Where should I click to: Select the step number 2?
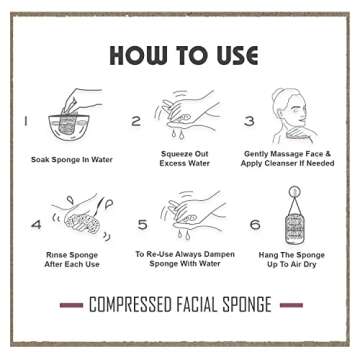(136, 121)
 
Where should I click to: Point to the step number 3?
(249, 121)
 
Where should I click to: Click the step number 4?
(36, 225)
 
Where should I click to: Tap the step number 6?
(255, 225)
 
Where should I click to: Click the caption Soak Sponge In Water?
(71, 159)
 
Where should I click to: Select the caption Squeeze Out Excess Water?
(185, 160)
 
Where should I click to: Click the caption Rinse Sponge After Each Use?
(72, 260)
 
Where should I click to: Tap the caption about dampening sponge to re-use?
(185, 260)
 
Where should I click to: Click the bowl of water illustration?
(67, 123)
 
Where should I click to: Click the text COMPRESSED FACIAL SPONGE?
(180, 304)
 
